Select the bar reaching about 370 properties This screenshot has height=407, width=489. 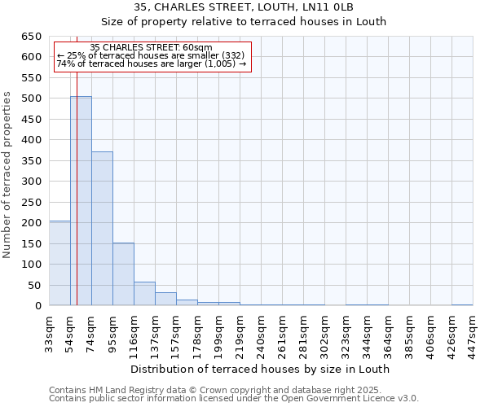[x=102, y=229]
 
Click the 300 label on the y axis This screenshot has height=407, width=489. [x=31, y=182]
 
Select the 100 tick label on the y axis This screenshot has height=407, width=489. [x=31, y=265]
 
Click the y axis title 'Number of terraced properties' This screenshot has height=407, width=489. [x=8, y=175]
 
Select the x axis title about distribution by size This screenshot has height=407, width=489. [x=260, y=369]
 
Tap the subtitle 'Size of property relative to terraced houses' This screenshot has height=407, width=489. [x=244, y=22]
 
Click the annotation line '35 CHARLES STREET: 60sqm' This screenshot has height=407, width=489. [x=152, y=47]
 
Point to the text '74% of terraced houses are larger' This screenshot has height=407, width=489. [x=152, y=63]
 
